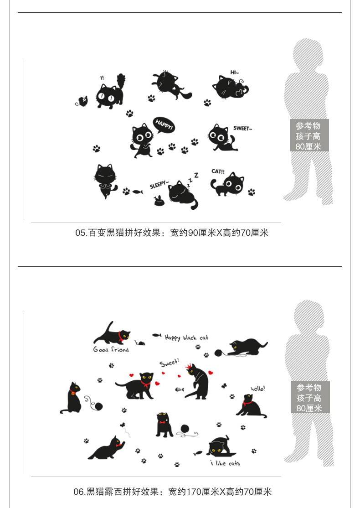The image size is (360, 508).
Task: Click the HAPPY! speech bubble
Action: point(164,125)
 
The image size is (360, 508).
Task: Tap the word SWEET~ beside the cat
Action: point(242,128)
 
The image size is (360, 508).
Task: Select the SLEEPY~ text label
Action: point(159,184)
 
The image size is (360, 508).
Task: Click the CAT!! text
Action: point(218,171)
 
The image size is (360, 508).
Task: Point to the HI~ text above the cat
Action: point(234,72)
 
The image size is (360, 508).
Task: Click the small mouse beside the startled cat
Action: point(82,101)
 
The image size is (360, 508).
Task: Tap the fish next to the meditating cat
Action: point(138,192)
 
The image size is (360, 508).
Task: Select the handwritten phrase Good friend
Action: point(111,350)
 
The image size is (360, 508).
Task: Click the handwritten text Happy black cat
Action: point(186,337)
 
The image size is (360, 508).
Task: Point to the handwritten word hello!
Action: point(258,389)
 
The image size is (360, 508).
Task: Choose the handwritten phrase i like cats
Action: point(225,463)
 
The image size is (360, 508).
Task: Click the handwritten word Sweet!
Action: point(169,363)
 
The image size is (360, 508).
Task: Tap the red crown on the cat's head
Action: point(188,367)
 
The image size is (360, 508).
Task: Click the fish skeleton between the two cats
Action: point(180,389)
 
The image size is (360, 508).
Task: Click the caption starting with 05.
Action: point(172,233)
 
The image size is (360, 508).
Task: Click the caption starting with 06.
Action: point(173,492)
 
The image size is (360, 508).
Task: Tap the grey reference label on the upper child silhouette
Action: point(309,135)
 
